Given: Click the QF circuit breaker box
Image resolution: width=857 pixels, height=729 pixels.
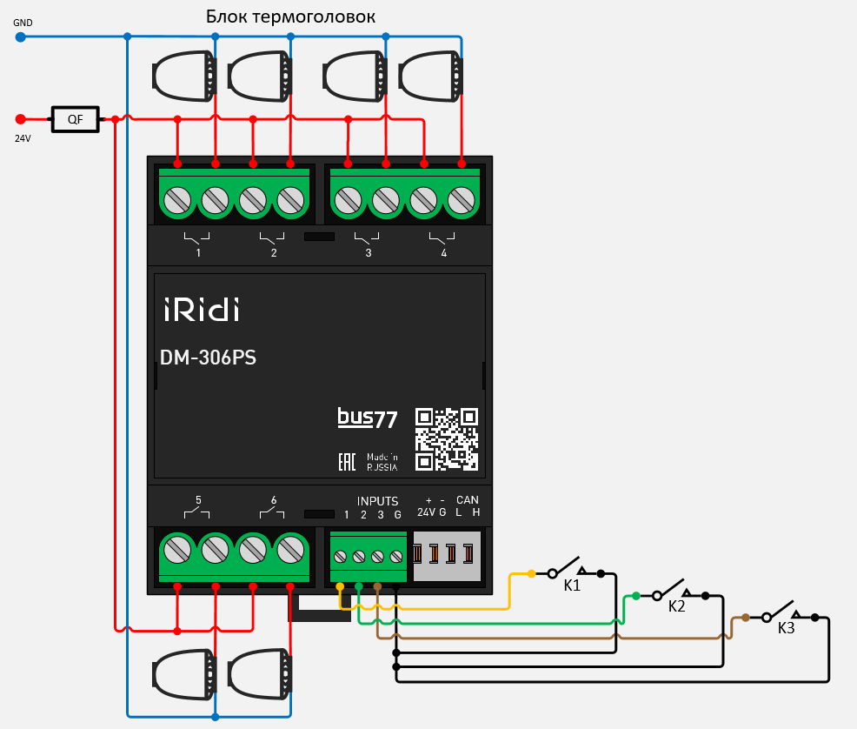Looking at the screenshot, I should click(76, 119).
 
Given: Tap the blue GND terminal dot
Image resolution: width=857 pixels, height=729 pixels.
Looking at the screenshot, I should click(20, 37).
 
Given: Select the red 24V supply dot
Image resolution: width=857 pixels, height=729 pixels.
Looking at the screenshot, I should click(21, 119).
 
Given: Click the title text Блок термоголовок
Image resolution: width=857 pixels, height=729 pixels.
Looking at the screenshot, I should click(290, 17).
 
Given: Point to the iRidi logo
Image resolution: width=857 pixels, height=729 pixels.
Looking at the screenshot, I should click(201, 309).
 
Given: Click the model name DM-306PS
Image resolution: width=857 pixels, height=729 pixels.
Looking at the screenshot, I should click(208, 358).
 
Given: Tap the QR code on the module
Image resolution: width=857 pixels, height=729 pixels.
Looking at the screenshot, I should click(446, 439).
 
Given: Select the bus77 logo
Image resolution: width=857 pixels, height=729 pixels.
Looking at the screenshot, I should click(368, 418).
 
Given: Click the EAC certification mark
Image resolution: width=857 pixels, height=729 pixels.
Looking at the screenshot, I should click(347, 462).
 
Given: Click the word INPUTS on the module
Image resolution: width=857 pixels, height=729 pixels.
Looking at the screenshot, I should click(377, 501).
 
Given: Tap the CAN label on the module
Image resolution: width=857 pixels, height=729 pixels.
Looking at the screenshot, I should click(468, 500).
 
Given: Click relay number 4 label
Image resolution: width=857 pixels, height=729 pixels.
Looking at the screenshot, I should click(443, 253).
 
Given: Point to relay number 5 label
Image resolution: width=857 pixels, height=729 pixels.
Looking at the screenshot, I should click(198, 500).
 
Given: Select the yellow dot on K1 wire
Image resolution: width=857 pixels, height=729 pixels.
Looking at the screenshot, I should click(533, 574).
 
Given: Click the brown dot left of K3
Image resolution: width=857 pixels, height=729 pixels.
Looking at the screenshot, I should click(746, 618).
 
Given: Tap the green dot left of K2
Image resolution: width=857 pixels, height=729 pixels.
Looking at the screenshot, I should click(636, 596).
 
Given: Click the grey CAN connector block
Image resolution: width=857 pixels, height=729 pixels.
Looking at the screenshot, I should click(447, 556).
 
